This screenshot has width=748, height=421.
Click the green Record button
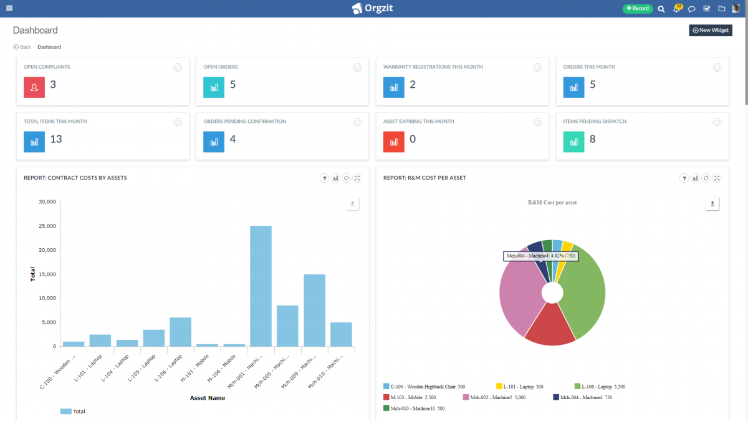(637, 9)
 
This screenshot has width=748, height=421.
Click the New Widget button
(710, 30)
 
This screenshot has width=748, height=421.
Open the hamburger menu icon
(9, 8)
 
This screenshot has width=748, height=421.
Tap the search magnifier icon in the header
(661, 9)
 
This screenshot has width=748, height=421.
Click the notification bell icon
(677, 9)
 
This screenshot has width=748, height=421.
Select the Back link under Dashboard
(22, 47)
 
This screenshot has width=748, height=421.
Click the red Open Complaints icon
(34, 87)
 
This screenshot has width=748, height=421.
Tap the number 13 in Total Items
(56, 139)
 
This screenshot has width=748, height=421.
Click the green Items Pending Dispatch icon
(573, 142)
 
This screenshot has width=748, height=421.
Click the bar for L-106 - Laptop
(180, 332)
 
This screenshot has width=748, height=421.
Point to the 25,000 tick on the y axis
(47, 226)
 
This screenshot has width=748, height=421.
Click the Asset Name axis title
(208, 398)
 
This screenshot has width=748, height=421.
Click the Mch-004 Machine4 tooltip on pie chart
(540, 256)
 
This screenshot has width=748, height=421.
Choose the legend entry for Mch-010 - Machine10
(414, 409)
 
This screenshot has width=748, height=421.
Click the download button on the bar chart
(353, 204)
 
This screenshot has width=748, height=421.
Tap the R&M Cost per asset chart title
(552, 203)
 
